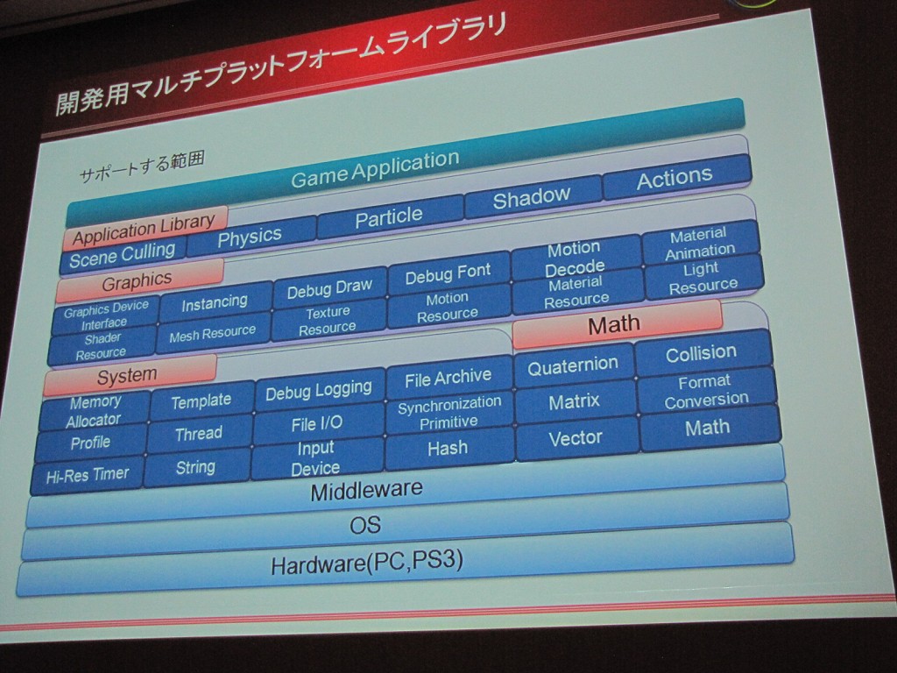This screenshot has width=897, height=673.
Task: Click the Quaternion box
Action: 573,365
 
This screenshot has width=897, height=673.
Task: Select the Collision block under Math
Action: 702,353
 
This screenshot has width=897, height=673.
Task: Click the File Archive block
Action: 448,377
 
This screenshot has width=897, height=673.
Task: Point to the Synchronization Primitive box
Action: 449,412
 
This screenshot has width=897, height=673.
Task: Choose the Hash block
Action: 448,448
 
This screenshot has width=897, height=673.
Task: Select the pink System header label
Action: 129,375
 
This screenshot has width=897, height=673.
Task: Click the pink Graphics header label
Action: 138,280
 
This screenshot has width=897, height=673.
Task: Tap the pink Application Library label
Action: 145,228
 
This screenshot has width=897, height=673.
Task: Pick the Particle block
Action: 389,217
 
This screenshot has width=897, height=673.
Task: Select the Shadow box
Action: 532,197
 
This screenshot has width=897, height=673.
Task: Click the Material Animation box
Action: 700,243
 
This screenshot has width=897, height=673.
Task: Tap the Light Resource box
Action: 703,278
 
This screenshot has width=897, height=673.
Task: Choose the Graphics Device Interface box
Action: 105,315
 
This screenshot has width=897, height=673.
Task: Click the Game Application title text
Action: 375,167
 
